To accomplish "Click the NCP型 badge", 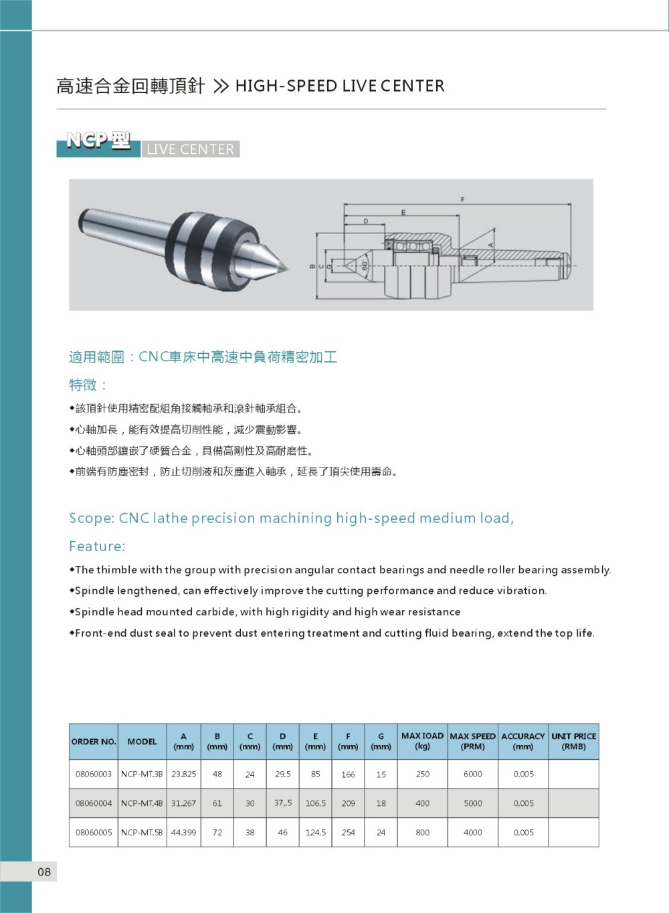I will pos(98,141).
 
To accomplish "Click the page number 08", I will pos(44,872).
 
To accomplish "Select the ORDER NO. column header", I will pos(94,741).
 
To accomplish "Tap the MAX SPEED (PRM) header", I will pos(472,741).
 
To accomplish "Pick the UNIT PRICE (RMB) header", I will pos(573,741).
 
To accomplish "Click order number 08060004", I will pos(94,803).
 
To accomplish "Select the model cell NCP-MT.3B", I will pos(142,774).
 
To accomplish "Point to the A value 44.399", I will pos(184,833).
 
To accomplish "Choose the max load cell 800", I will pos(422,833).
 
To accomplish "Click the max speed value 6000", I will pos(472,774).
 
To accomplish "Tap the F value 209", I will pos(348,803).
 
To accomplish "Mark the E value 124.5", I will pos(315,833).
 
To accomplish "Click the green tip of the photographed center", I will pos(284,267).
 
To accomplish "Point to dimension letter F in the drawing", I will pos(462,199).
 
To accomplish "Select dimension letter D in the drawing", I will pos(366,221).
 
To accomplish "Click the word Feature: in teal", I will pos(97,546).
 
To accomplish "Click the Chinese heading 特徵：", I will pos(88,385).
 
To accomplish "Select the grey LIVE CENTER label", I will pos(191,149).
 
